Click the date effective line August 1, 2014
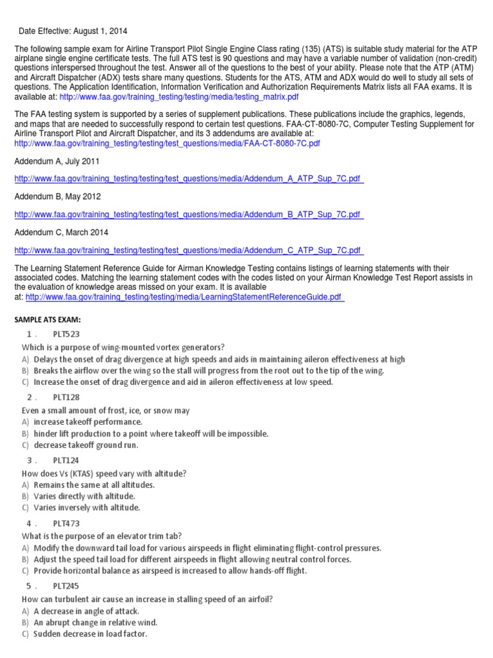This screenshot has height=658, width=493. coord(77,30)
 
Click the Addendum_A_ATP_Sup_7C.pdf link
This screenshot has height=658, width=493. coord(188,179)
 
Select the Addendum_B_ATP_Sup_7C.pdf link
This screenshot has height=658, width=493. coord(188,214)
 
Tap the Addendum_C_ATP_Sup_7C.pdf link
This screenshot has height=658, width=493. coord(188,250)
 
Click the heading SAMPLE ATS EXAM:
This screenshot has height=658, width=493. coord(48,319)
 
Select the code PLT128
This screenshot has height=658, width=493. coord(66,397)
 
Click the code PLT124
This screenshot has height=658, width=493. coord(66,460)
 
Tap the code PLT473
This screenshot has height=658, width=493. coord(66,523)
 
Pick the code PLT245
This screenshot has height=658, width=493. coord(66,586)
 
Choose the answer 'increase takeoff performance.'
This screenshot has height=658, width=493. coord(88,422)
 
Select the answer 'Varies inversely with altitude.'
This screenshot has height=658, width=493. coord(87,508)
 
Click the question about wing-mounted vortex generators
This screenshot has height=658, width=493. coord(123,347)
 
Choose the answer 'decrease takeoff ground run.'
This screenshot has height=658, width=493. coord(86,445)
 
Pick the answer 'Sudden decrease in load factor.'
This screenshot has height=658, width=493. coord(91,634)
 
